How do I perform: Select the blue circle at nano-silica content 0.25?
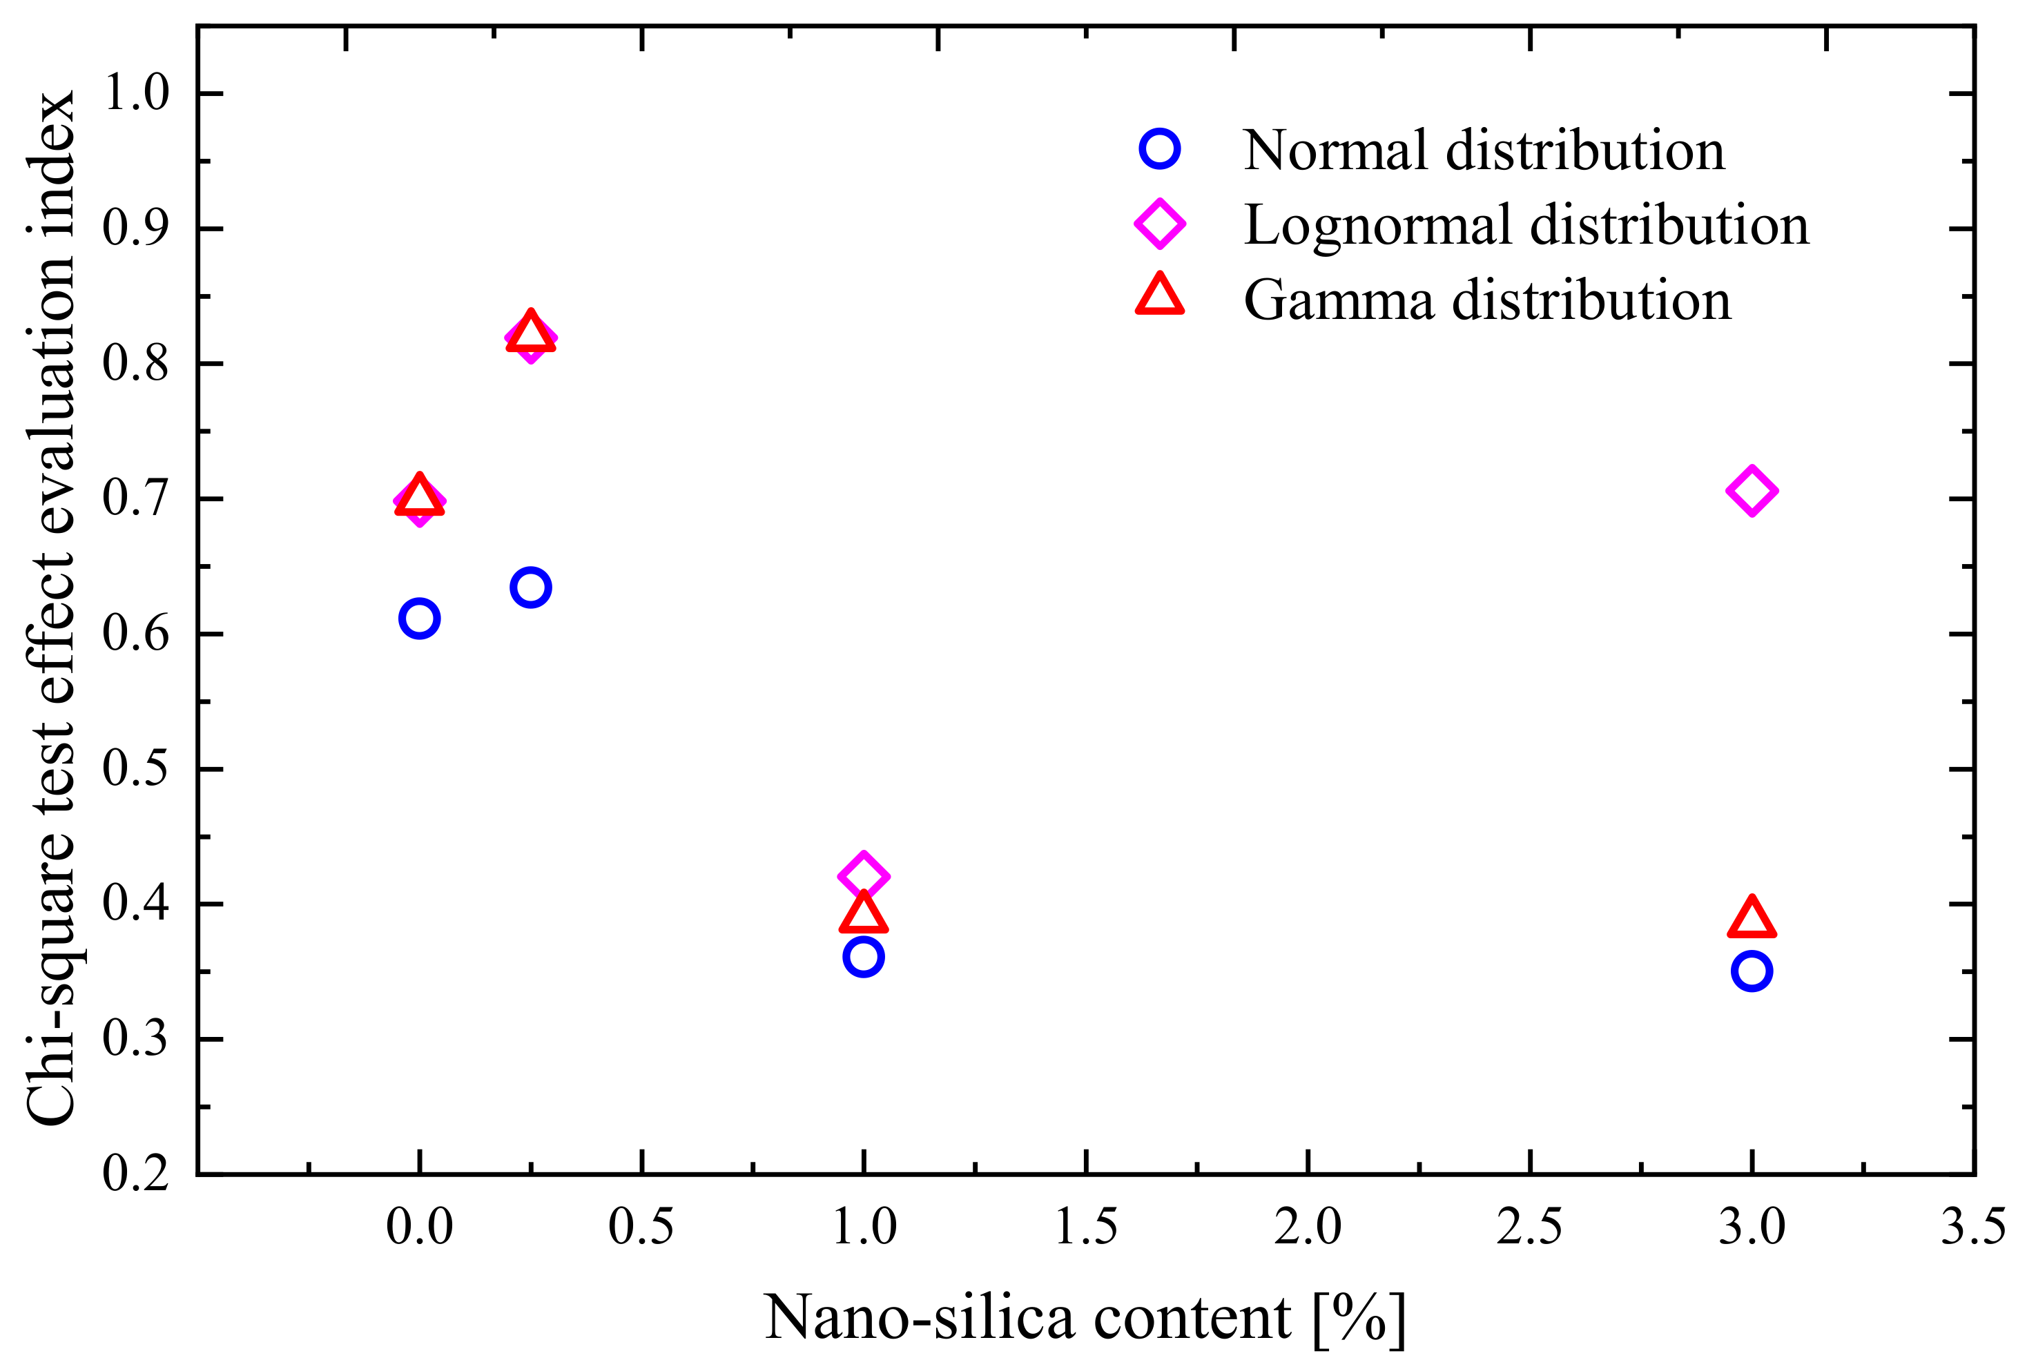click(x=530, y=588)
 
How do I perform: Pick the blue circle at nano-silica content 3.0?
click(x=1752, y=971)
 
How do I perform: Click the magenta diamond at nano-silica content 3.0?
click(x=1752, y=491)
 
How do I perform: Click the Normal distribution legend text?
click(x=1484, y=150)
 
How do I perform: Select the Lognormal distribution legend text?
click(x=1526, y=225)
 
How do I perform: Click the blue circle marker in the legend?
click(x=1159, y=149)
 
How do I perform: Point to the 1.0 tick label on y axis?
click(x=136, y=93)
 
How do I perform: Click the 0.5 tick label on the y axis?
click(x=136, y=769)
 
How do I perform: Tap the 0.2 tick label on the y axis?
click(x=136, y=1174)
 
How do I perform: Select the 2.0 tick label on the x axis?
click(x=1308, y=1227)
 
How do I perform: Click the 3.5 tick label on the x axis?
click(x=1973, y=1227)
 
